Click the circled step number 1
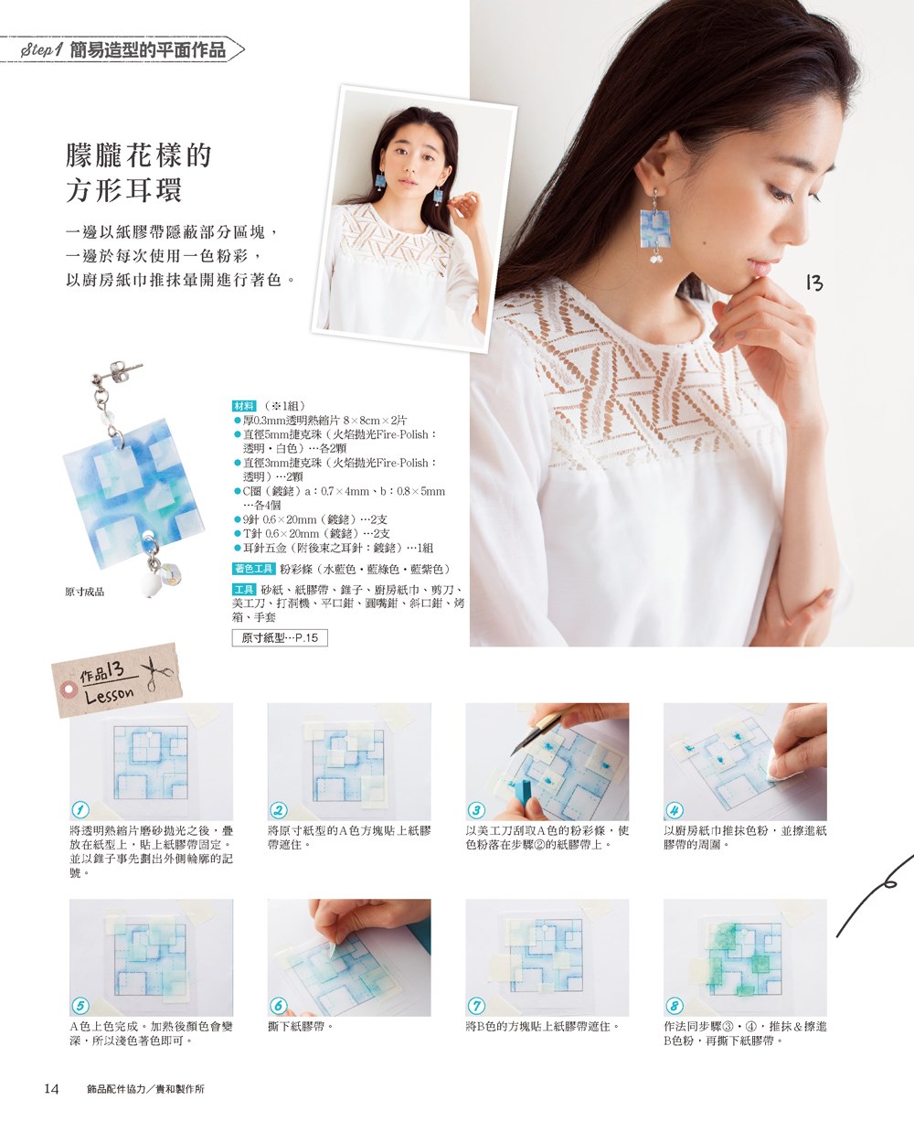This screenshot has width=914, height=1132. pyautogui.click(x=80, y=810)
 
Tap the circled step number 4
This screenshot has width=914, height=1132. pyautogui.click(x=674, y=810)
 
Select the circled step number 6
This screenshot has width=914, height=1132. pyautogui.click(x=278, y=1006)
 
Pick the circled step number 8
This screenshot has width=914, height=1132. pyautogui.click(x=674, y=1006)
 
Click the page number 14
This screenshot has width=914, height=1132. pyautogui.click(x=51, y=1088)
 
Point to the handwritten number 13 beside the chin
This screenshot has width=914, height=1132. pyautogui.click(x=814, y=283)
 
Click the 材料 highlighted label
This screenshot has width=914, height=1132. pyautogui.click(x=244, y=406)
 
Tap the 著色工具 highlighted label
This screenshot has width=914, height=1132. pyautogui.click(x=254, y=568)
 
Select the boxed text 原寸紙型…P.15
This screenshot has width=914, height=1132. pyautogui.click(x=280, y=637)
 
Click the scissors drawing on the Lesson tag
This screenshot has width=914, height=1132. pyautogui.click(x=156, y=673)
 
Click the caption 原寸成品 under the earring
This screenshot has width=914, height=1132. pyautogui.click(x=84, y=592)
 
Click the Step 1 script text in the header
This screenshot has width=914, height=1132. pyautogui.click(x=42, y=50)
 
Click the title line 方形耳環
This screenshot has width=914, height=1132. pyautogui.click(x=124, y=190)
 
